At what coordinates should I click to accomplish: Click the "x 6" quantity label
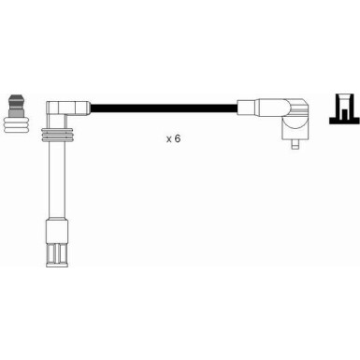tap(173, 138)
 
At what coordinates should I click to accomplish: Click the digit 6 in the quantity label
tap(178, 138)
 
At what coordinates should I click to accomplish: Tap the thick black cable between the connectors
tap(164, 108)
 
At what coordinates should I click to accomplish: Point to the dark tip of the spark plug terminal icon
tap(16, 99)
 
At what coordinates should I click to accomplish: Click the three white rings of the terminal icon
tap(16, 125)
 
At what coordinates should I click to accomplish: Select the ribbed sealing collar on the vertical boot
tap(57, 135)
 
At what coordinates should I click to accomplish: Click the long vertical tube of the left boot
tap(57, 180)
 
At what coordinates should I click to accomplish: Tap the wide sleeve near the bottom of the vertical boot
tap(57, 231)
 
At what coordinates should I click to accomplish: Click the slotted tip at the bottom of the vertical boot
tap(57, 255)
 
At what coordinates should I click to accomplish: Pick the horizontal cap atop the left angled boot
tap(68, 108)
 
